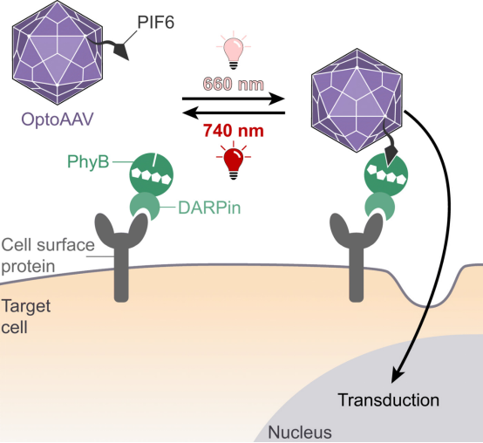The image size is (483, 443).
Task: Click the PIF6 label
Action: point(156,22)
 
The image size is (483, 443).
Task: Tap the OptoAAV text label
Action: point(58,119)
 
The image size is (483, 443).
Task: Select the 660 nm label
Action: point(234,84)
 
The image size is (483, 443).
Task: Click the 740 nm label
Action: point(234,130)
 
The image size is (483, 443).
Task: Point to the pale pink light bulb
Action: point(234,51)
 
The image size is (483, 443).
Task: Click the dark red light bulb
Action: point(234,160)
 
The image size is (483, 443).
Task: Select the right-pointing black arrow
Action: point(233,99)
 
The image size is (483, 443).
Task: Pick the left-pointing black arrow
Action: point(233,112)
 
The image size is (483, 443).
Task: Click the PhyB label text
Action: point(88,161)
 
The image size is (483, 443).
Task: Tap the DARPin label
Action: point(209,208)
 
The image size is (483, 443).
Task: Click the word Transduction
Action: point(389,400)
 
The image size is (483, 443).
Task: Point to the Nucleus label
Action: point(300,433)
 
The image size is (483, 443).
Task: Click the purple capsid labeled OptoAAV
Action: point(58,52)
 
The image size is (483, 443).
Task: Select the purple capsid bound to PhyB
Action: point(357,100)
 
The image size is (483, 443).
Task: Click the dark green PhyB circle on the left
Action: point(151,175)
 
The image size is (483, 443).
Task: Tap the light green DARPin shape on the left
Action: point(145,206)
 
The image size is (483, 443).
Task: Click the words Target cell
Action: point(26,317)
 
